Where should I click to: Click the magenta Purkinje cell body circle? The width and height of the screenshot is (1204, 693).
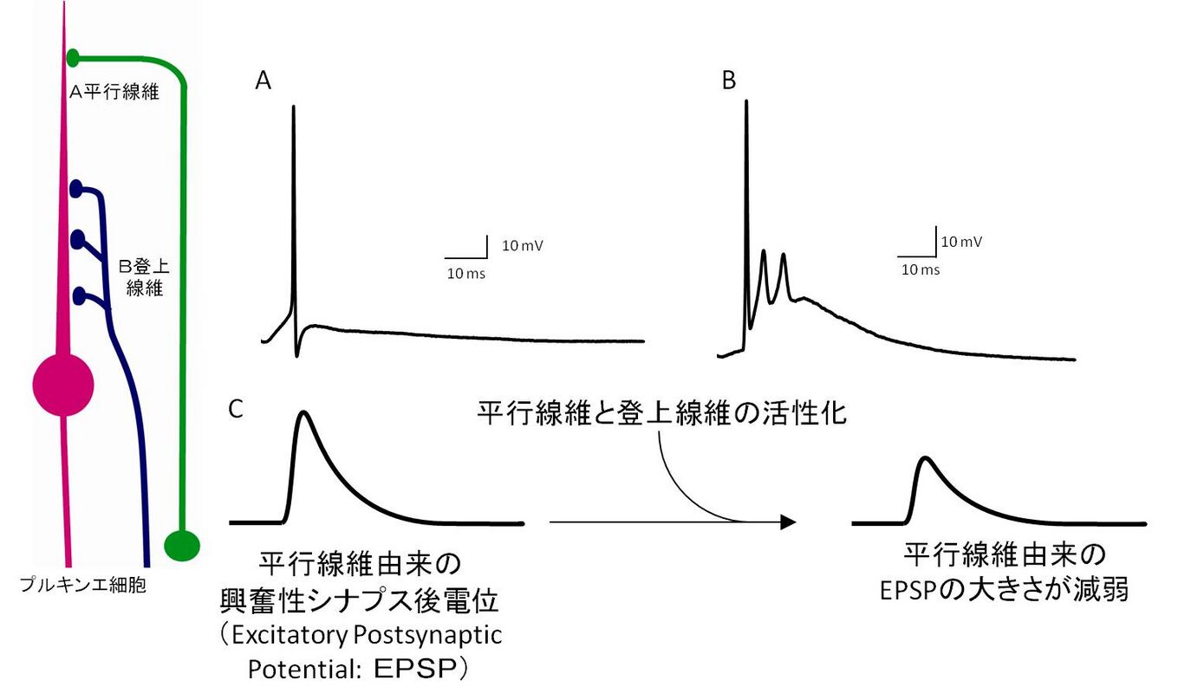(x=62, y=385)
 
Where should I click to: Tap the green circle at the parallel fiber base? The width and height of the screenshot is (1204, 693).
(x=182, y=545)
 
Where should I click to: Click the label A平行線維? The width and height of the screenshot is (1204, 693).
(x=114, y=92)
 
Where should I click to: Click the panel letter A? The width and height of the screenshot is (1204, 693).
(x=264, y=81)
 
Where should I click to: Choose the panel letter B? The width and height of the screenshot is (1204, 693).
(x=729, y=81)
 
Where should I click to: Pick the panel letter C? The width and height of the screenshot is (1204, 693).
(x=235, y=409)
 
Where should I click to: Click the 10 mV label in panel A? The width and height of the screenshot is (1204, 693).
(x=523, y=245)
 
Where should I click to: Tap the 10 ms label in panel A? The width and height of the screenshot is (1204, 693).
(x=465, y=274)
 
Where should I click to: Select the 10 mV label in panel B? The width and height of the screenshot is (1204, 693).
(x=961, y=242)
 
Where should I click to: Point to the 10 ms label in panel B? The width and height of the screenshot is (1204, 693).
(x=921, y=269)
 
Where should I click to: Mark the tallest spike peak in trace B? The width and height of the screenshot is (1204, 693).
(x=745, y=102)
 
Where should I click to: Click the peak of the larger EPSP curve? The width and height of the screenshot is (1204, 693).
(x=303, y=413)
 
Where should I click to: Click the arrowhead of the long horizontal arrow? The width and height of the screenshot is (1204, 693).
(x=787, y=521)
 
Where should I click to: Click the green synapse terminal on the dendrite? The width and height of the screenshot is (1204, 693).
(x=74, y=57)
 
